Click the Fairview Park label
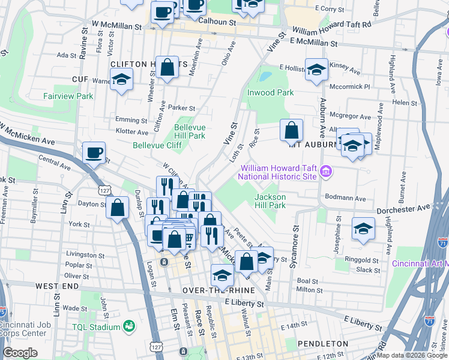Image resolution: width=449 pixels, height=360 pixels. pyautogui.click(x=68, y=96)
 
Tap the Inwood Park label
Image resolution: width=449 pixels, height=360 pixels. pyautogui.click(x=270, y=92)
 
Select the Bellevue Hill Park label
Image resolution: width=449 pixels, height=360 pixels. pyautogui.click(x=190, y=131)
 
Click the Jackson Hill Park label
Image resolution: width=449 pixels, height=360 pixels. pyautogui.click(x=270, y=201)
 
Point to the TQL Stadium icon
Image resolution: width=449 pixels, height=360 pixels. pyautogui.click(x=128, y=326)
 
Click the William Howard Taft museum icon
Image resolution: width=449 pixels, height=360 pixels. pyautogui.click(x=326, y=173)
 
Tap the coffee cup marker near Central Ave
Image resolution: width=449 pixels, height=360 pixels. pyautogui.click(x=93, y=152)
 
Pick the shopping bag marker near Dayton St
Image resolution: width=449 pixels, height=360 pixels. pyautogui.click(x=118, y=208)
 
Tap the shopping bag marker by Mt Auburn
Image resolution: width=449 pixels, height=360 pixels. pyautogui.click(x=291, y=130)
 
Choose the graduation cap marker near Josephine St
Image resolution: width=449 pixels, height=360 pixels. pyautogui.click(x=363, y=229)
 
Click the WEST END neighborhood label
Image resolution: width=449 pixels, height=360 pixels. pyautogui.click(x=57, y=287)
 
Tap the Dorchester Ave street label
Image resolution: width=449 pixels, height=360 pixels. pyautogui.click(x=403, y=208)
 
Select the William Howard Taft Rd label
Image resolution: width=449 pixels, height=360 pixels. pyautogui.click(x=332, y=30)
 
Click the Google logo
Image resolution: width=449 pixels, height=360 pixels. pyautogui.click(x=20, y=353)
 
